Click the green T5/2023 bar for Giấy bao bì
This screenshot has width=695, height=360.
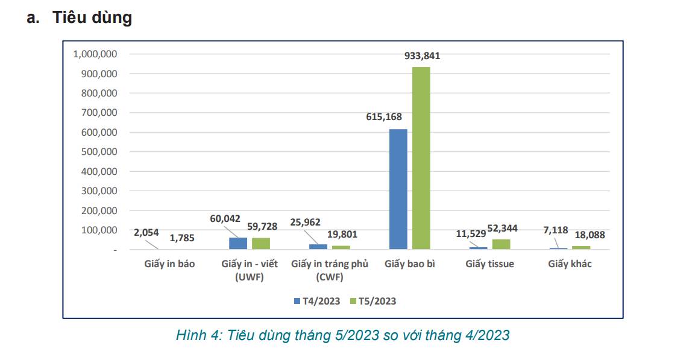[421, 158]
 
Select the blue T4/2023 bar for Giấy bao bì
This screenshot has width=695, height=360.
[398, 189]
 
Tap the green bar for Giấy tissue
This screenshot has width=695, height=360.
[501, 244]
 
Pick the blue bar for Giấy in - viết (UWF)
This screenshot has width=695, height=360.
[238, 244]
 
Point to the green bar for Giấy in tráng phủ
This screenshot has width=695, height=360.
[341, 247]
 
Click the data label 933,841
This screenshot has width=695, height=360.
[422, 56]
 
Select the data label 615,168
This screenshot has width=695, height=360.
[383, 117]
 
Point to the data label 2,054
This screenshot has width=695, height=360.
[145, 232]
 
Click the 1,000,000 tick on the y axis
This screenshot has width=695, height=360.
[95, 54]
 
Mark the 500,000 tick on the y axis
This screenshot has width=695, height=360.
[98, 152]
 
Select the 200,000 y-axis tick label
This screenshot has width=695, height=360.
[98, 210]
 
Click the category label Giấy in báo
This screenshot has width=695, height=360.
[169, 264]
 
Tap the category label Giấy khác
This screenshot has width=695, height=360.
[570, 264]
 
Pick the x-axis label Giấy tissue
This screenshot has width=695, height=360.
[489, 264]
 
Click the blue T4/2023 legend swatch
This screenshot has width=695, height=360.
[297, 301]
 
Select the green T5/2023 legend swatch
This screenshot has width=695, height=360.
[353, 301]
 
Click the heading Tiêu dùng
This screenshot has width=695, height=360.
[92, 17]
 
